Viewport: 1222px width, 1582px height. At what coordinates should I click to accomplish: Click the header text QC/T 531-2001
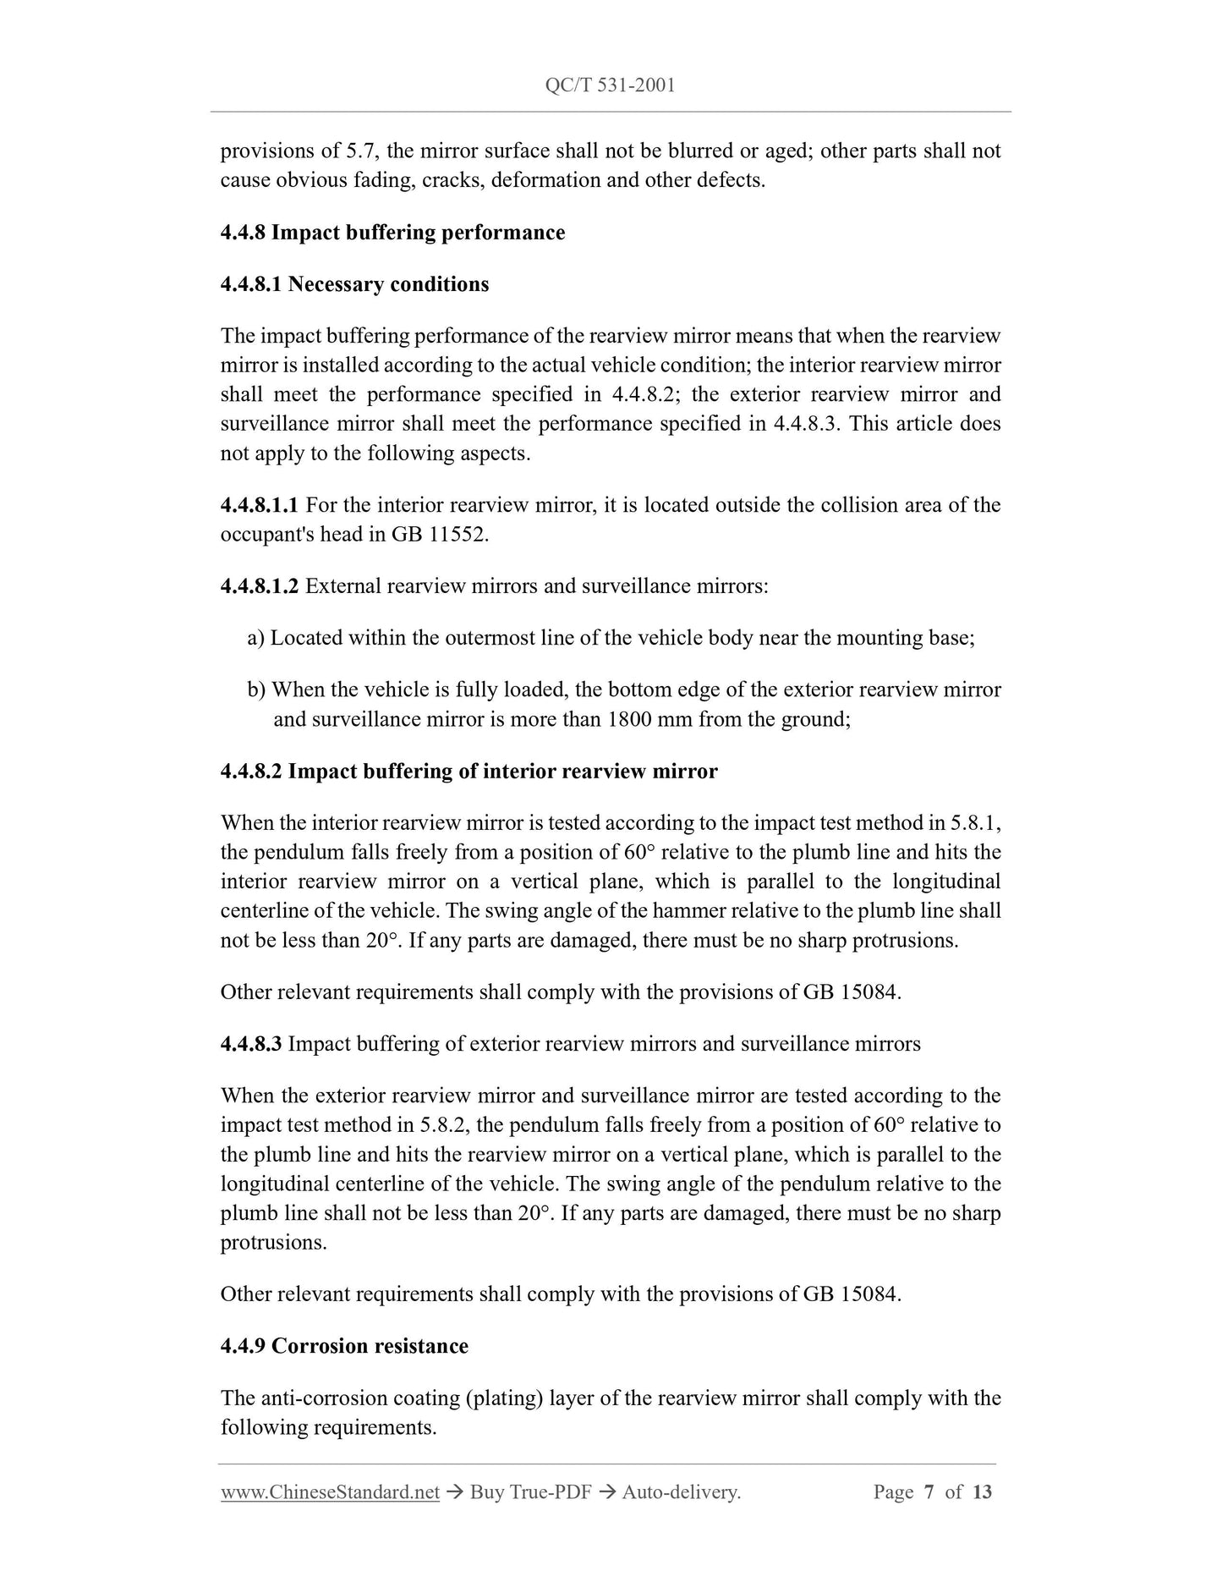coord(611,85)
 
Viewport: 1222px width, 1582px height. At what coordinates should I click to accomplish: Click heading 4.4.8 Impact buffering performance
coord(392,233)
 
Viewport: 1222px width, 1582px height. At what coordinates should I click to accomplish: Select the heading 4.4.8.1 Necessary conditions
coord(354,284)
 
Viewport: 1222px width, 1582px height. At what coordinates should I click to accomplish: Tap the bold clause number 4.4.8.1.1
coord(259,506)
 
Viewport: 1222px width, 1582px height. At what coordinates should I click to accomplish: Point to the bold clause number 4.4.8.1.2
coord(259,586)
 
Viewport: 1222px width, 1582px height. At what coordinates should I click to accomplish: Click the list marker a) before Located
coord(256,638)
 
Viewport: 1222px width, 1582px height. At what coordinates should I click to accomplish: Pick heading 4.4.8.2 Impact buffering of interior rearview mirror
coord(469,772)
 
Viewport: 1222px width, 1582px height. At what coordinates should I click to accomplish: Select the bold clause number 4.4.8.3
coord(250,1044)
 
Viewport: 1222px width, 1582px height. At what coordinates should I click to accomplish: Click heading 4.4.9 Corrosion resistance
coord(344,1346)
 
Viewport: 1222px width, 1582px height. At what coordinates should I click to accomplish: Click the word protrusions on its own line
coord(272,1243)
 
